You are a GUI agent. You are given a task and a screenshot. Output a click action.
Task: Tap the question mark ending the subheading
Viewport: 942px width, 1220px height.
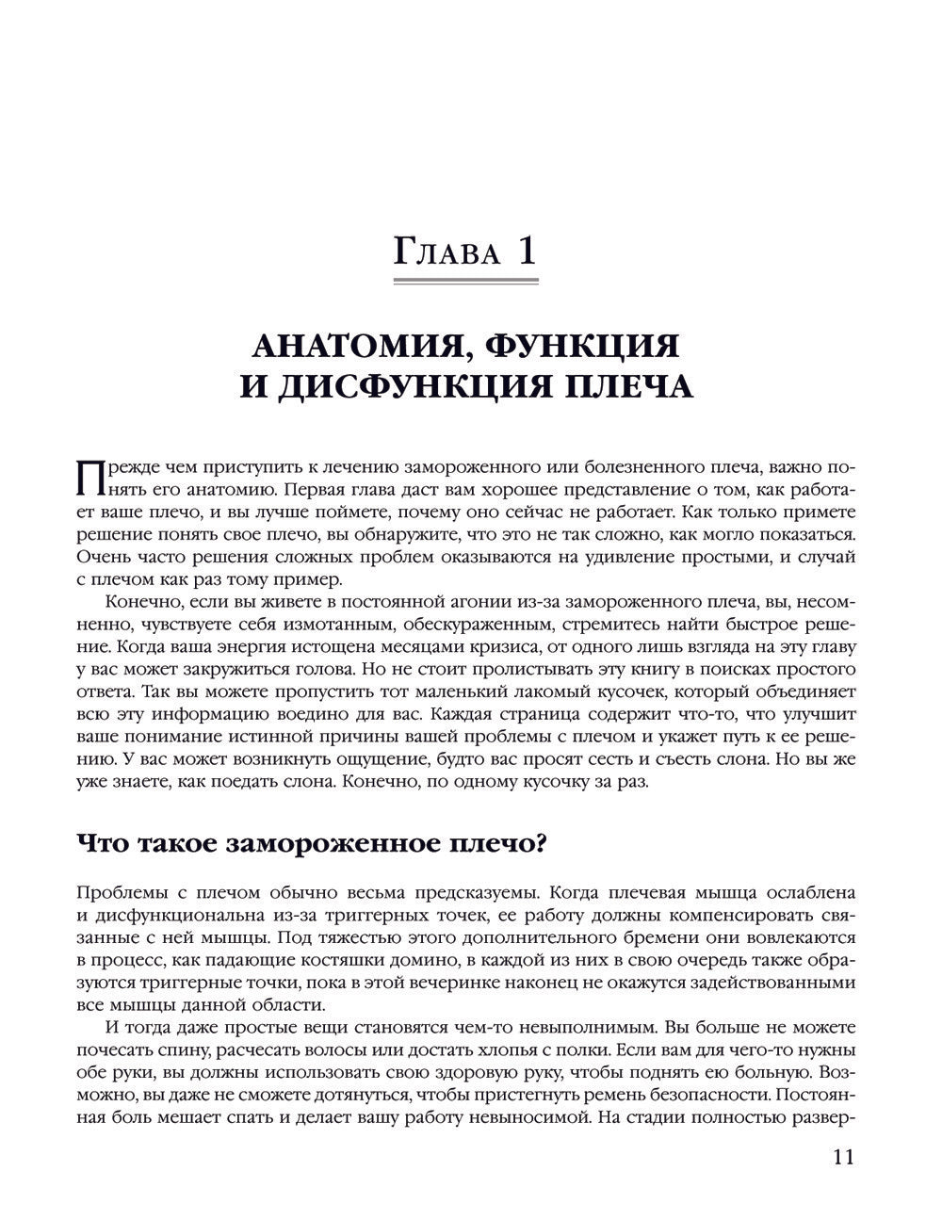[540, 842]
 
